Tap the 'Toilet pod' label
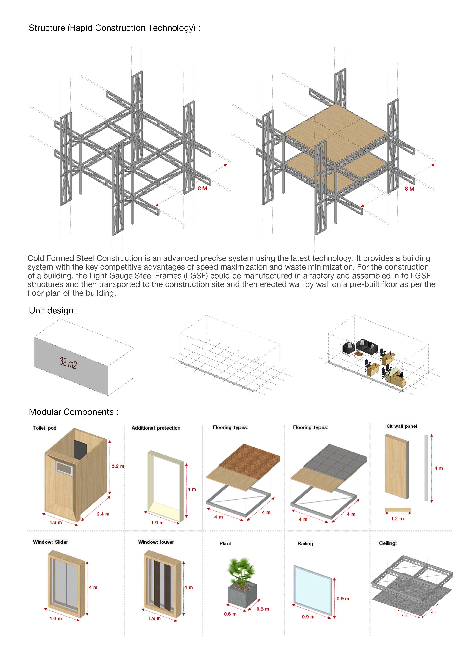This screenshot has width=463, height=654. pyautogui.click(x=45, y=428)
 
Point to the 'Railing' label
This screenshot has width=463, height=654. pyautogui.click(x=305, y=543)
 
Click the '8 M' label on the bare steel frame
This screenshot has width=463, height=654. pyautogui.click(x=202, y=188)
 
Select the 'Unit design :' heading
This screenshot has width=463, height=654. pyautogui.click(x=53, y=310)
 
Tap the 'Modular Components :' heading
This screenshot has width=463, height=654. pyautogui.click(x=74, y=412)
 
